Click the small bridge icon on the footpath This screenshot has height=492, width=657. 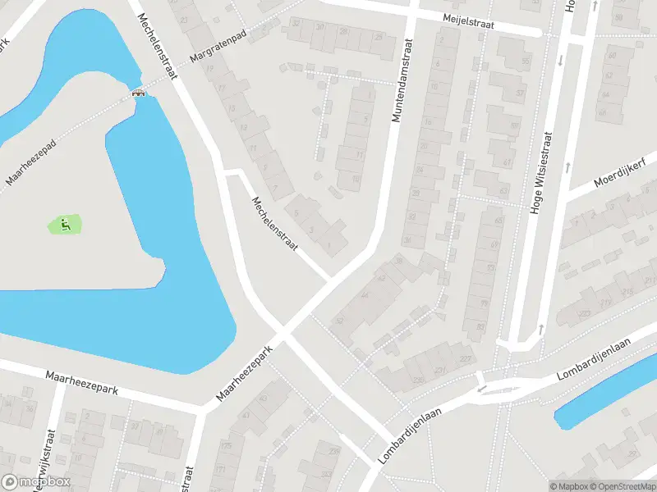pyautogui.click(x=140, y=92)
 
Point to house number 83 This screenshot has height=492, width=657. pyautogui.click(x=480, y=327)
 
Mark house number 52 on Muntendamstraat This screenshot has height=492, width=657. pyautogui.click(x=340, y=321)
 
